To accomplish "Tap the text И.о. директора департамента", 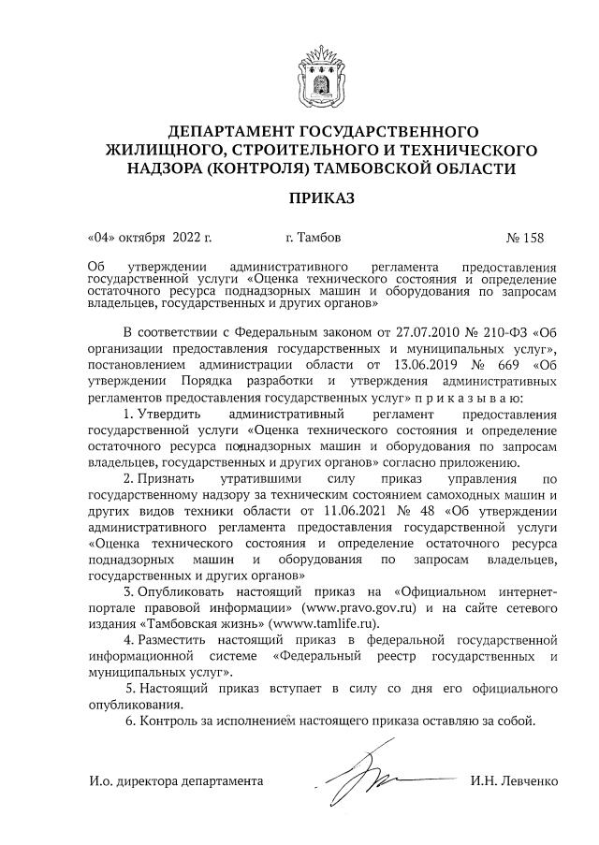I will [x=177, y=780].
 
